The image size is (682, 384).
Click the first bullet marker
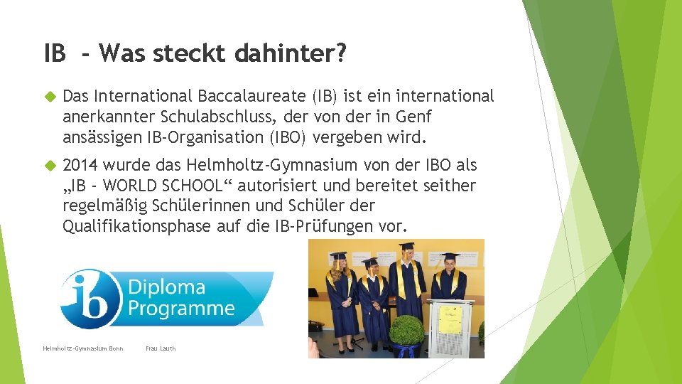coord(50,96)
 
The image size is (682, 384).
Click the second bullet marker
coord(50,166)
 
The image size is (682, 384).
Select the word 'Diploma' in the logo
coord(167,288)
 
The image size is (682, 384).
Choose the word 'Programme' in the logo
coord(181,309)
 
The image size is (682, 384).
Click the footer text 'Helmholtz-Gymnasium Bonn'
coord(83,348)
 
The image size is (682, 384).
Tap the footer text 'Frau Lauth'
coord(161,348)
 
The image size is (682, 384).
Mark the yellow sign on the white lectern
coord(450,319)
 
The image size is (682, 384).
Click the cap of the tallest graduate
coord(406,246)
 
